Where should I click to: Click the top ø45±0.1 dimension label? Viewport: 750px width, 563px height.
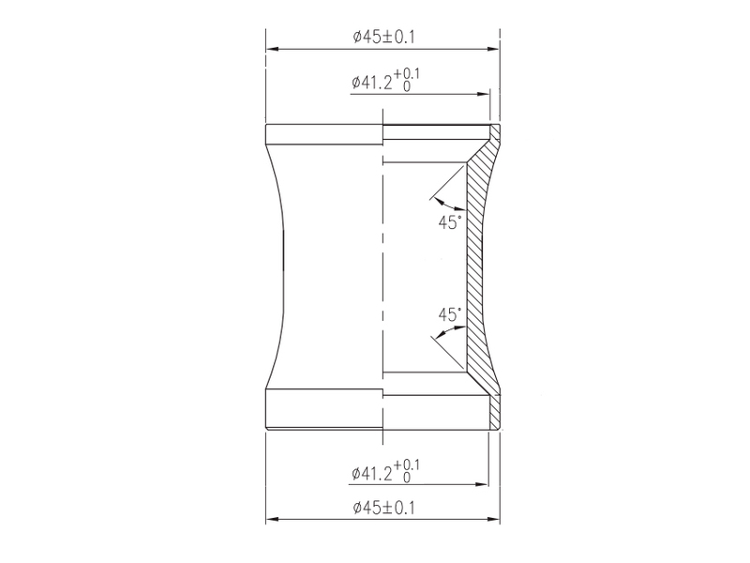(x=383, y=37)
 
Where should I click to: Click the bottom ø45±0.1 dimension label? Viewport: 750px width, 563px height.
(x=383, y=508)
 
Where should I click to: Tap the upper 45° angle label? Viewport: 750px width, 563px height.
(x=450, y=222)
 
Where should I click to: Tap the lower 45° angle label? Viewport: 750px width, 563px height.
(x=450, y=314)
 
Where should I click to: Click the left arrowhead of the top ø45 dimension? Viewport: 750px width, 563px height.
(x=272, y=49)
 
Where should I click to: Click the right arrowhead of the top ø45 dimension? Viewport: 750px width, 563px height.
(x=494, y=49)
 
